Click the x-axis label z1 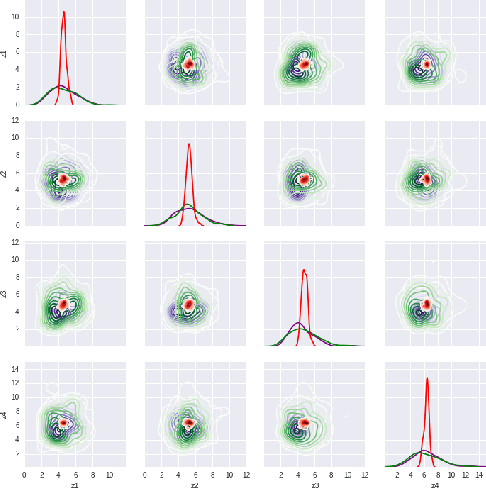pos(75,484)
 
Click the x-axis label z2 pos(195,484)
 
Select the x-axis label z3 pos(315,484)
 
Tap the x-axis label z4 pos(435,484)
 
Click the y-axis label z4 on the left pos(5,413)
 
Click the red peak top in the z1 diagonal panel pos(64,12)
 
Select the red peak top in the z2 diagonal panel pos(189,144)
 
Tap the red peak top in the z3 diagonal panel pos(304,269)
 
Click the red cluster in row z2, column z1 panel pos(63,179)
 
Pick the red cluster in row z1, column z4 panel pos(427,64)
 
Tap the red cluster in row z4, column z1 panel pos(63,423)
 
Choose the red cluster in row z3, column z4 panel pos(427,304)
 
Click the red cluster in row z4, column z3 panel pos(304,423)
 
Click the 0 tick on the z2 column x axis pos(146,474)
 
